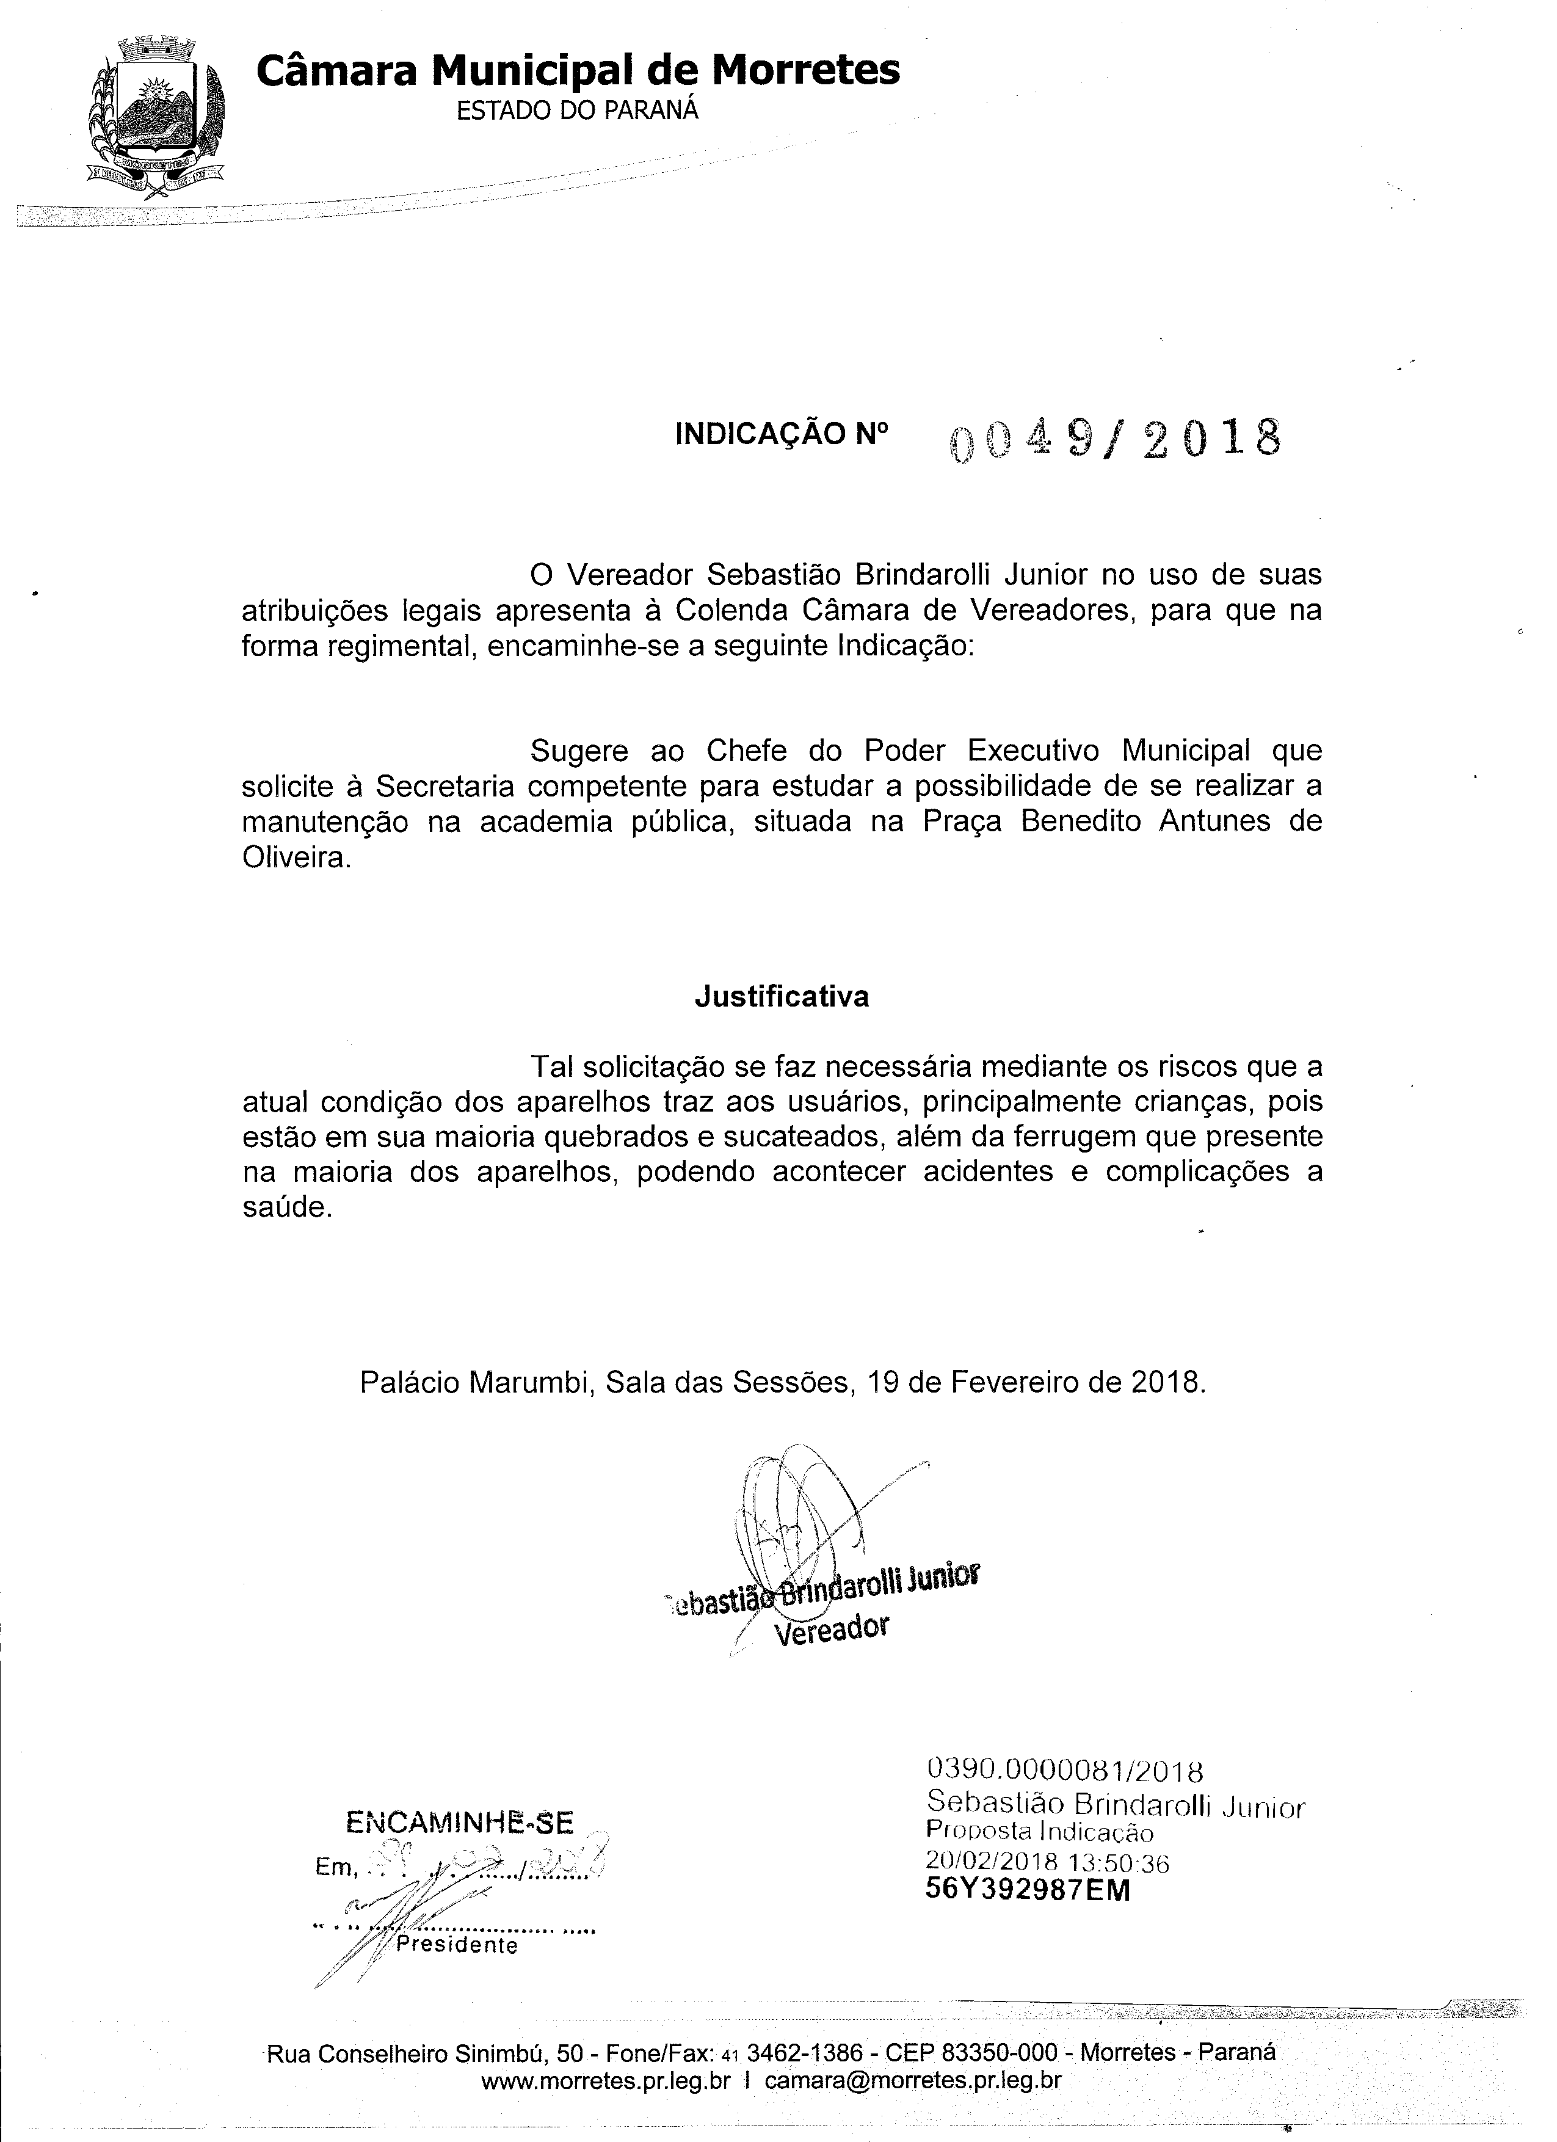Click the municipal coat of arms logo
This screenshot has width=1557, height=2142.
(x=154, y=117)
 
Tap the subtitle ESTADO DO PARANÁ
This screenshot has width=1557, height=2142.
(x=578, y=111)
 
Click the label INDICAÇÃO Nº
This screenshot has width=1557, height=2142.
(x=782, y=434)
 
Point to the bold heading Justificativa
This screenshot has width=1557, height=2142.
(x=782, y=997)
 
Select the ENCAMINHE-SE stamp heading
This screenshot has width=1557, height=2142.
(x=460, y=1822)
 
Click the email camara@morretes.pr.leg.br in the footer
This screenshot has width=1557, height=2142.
(x=913, y=2080)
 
